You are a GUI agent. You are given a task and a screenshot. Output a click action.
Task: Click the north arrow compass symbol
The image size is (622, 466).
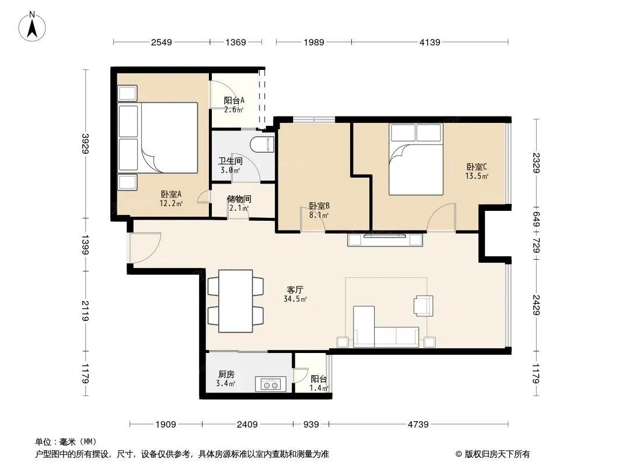[32, 26]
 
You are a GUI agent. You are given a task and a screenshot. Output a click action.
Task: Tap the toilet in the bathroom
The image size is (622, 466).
[263, 144]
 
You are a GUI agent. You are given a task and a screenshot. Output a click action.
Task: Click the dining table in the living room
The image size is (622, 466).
[236, 301]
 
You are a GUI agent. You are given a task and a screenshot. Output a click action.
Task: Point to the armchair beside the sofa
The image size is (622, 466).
[423, 306]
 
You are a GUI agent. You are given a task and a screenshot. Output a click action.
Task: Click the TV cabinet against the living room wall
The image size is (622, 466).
[385, 240]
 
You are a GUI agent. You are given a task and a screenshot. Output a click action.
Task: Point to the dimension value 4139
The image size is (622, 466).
[430, 43]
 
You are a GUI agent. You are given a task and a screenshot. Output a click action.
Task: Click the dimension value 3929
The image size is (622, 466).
[85, 144]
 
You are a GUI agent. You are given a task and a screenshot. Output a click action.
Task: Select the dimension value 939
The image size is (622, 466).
[311, 425]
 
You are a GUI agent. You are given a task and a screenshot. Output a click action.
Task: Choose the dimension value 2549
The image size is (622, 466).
[162, 43]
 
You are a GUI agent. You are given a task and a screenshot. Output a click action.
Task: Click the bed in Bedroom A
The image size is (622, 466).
[158, 138]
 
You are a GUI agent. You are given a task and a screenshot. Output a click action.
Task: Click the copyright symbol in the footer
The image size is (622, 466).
[459, 454]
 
